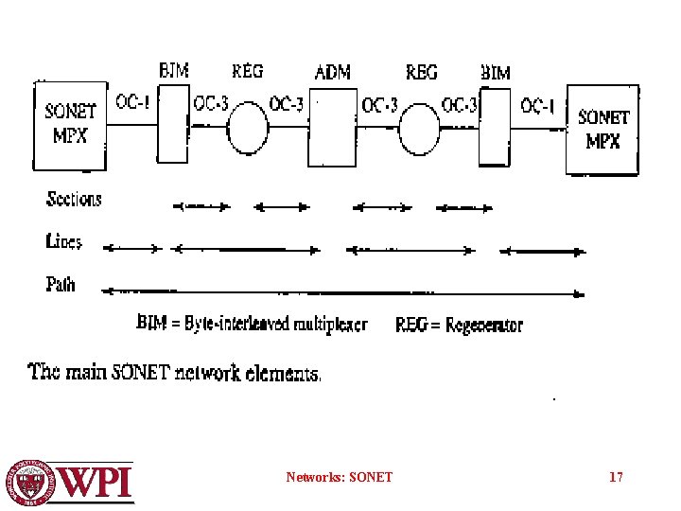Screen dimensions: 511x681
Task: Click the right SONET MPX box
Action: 602,128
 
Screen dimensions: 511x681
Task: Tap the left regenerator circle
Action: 249,129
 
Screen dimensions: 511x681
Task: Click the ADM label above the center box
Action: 333,72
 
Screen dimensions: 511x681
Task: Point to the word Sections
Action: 74,199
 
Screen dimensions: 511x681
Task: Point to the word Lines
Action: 64,241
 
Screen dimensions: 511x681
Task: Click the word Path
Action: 61,283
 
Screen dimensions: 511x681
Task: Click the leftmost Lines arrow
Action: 132,248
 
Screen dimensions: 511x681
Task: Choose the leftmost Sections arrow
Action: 201,205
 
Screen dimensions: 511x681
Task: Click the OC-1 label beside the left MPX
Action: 132,102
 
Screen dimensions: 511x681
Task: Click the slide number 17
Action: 616,477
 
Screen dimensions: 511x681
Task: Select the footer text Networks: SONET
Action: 339,477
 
